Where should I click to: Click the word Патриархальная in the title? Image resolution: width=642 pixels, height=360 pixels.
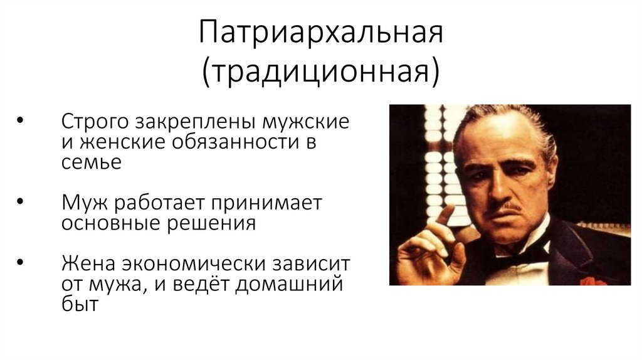coord(320,34)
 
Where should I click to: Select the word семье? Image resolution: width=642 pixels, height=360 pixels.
coord(90,162)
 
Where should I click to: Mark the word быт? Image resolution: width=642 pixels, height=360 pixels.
coord(80,306)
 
